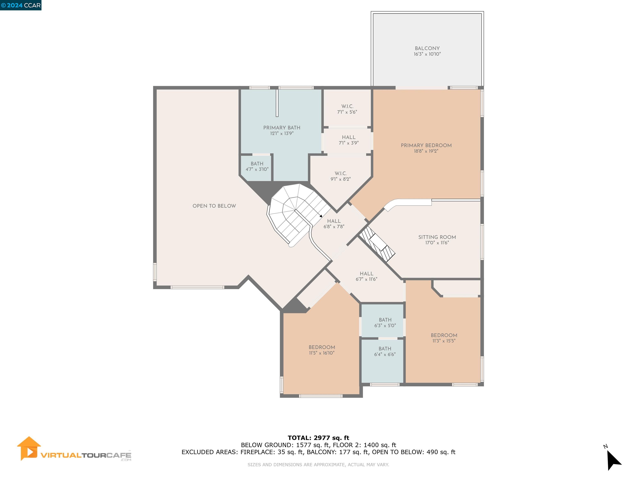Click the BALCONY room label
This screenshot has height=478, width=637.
427,48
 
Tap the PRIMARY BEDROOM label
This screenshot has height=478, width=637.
426,145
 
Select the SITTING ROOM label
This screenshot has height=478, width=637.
437,237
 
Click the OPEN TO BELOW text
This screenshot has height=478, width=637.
214,206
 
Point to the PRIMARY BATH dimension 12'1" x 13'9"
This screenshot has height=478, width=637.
281,133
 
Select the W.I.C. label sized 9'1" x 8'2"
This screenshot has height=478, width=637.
340,173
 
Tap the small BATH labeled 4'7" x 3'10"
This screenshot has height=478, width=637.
257,164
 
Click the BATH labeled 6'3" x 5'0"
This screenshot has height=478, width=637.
385,320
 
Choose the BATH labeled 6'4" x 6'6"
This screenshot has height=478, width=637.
385,349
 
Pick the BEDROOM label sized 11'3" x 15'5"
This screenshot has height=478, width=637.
444,335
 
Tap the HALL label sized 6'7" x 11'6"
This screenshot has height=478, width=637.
366,274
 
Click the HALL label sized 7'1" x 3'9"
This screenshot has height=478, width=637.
348,137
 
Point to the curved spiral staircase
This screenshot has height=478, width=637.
294,213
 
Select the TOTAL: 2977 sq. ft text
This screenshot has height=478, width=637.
318,438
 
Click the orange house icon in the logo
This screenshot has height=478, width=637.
29,448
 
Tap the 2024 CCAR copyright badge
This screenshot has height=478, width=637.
21,5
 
